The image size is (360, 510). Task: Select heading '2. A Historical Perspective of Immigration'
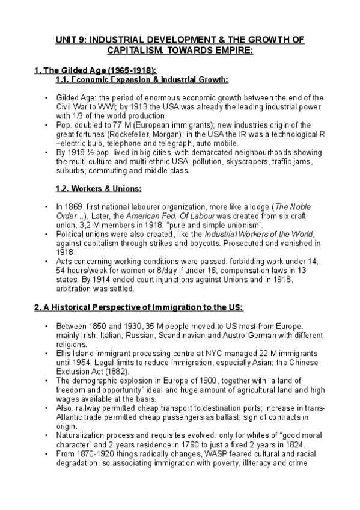(138, 307)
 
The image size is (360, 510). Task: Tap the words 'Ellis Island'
(76, 353)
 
